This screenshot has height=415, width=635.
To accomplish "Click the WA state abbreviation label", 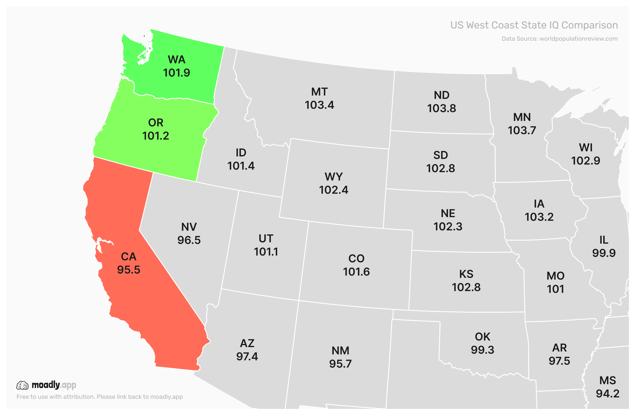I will pyautogui.click(x=176, y=60).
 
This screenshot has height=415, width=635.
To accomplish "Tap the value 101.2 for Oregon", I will pyautogui.click(x=155, y=136).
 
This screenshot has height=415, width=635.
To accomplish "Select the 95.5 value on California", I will pyautogui.click(x=128, y=270).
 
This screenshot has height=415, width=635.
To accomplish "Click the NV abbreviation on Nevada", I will pyautogui.click(x=189, y=227).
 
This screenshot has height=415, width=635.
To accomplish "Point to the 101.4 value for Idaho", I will pyautogui.click(x=241, y=166).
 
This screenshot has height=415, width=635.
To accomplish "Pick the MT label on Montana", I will pyautogui.click(x=319, y=92).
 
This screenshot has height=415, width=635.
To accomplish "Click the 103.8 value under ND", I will pyautogui.click(x=442, y=109).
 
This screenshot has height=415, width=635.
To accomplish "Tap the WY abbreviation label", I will pyautogui.click(x=334, y=177).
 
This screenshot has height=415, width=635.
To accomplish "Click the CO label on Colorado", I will pyautogui.click(x=356, y=259).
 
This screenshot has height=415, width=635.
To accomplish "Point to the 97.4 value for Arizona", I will pyautogui.click(x=247, y=357).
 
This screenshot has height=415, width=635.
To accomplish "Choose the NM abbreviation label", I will pyautogui.click(x=340, y=351).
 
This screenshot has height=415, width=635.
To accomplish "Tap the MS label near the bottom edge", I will pyautogui.click(x=608, y=381).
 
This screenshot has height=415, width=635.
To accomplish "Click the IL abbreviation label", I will pyautogui.click(x=604, y=240).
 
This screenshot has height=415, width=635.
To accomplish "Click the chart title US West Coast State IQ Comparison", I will pyautogui.click(x=534, y=25).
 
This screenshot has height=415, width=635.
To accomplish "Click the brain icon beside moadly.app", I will pyautogui.click(x=22, y=386).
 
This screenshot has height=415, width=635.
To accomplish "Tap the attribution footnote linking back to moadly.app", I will pyautogui.click(x=99, y=397).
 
